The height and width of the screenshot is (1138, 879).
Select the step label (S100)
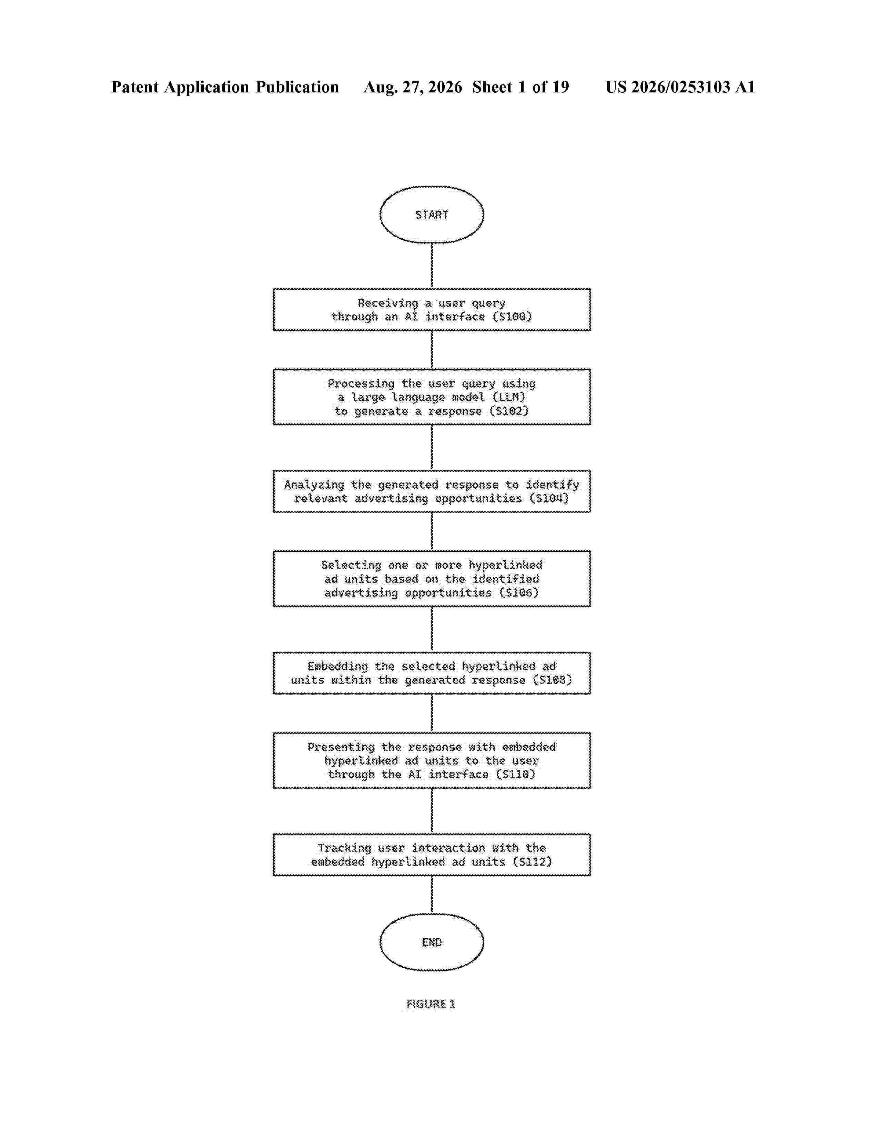(512, 317)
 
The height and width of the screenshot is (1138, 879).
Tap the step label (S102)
(509, 411)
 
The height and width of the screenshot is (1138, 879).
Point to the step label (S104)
(549, 499)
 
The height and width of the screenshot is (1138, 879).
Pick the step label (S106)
(519, 593)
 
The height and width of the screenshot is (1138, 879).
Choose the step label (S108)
(553, 680)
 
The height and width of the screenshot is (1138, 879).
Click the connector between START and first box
(432, 266)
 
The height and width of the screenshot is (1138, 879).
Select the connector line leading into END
(432, 895)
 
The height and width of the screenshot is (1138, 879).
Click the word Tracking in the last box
(344, 849)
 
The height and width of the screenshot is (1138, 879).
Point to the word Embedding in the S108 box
(337, 667)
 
